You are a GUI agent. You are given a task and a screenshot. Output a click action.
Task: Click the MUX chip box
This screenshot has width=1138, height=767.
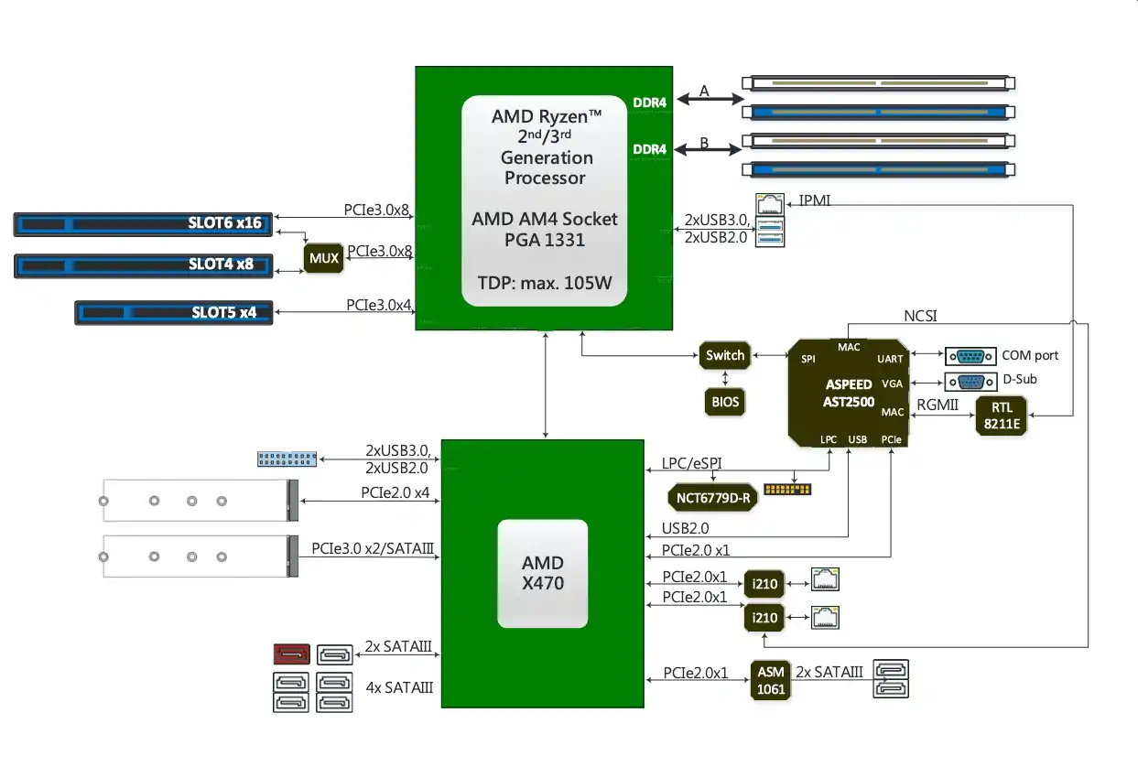(323, 258)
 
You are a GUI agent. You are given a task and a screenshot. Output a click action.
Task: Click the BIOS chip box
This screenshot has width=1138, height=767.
(725, 401)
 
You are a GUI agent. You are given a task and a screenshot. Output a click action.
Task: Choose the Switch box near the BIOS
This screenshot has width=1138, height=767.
(725, 355)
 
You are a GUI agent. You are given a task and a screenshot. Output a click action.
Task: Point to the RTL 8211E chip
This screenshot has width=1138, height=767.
(1001, 416)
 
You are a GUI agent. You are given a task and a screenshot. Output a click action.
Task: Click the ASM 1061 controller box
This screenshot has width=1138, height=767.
(770, 681)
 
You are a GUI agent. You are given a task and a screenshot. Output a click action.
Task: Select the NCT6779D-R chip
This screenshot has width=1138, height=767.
(712, 498)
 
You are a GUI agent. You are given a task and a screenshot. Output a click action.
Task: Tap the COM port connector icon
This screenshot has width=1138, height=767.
(970, 356)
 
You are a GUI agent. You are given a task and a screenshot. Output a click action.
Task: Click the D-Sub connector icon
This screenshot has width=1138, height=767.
(970, 381)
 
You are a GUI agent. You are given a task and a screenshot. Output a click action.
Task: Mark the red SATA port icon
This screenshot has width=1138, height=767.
(292, 654)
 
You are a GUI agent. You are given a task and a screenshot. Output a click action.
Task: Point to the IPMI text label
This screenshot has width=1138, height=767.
(815, 200)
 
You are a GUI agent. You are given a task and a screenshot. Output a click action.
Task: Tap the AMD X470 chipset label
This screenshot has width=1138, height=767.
(542, 573)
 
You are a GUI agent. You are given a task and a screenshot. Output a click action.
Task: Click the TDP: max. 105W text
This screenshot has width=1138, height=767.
(545, 282)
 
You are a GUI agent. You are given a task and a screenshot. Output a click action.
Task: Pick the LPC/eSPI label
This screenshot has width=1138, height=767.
(691, 464)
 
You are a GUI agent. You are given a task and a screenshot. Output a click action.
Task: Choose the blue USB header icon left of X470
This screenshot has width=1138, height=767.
(287, 459)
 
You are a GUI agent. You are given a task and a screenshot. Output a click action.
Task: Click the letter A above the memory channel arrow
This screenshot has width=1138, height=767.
(704, 91)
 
